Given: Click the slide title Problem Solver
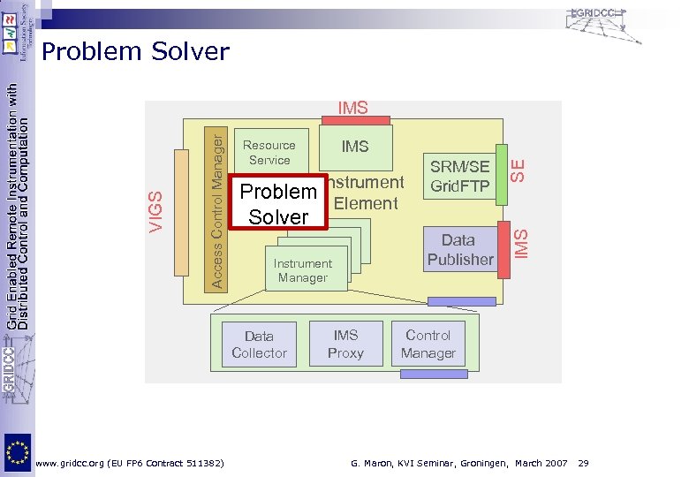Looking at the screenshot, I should (135, 52).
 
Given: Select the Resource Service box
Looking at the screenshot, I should (269, 152).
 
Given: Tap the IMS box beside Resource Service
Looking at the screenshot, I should (355, 148).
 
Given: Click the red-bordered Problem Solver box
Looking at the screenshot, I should (277, 204).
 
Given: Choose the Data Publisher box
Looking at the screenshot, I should (459, 249).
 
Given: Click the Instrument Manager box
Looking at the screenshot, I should (303, 270).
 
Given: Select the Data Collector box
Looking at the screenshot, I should (259, 344).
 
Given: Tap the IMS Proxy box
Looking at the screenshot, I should (345, 344).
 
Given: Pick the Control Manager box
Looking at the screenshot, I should (428, 344).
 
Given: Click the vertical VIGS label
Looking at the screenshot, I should (155, 211).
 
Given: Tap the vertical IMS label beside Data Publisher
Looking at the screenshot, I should (521, 245).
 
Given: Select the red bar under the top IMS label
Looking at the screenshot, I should (355, 120).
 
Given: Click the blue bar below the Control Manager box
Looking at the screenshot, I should (433, 374).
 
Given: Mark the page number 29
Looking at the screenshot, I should (584, 463).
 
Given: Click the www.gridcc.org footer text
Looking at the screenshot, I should (129, 463).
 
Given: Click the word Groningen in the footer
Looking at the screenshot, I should (481, 463).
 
